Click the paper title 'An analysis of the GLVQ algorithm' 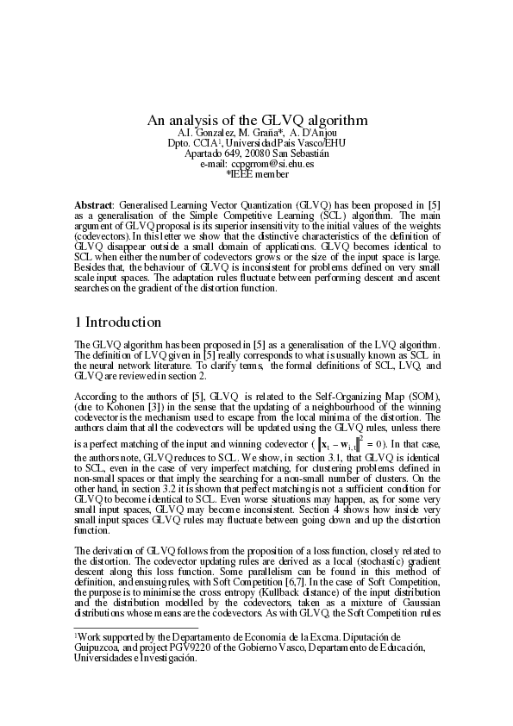pos(256,120)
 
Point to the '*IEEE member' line pos(257,173)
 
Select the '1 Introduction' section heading pos(118,322)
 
